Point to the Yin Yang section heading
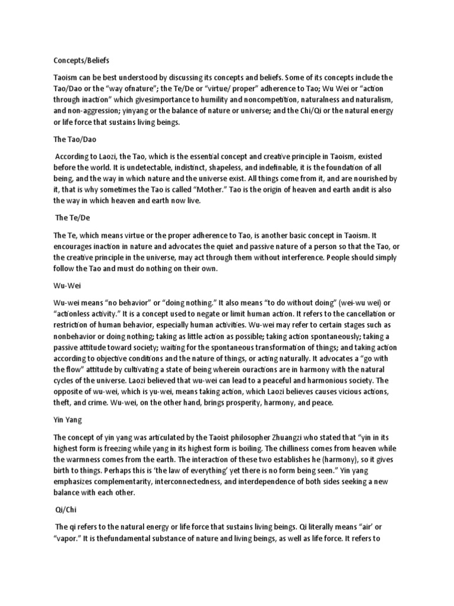click(68, 420)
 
